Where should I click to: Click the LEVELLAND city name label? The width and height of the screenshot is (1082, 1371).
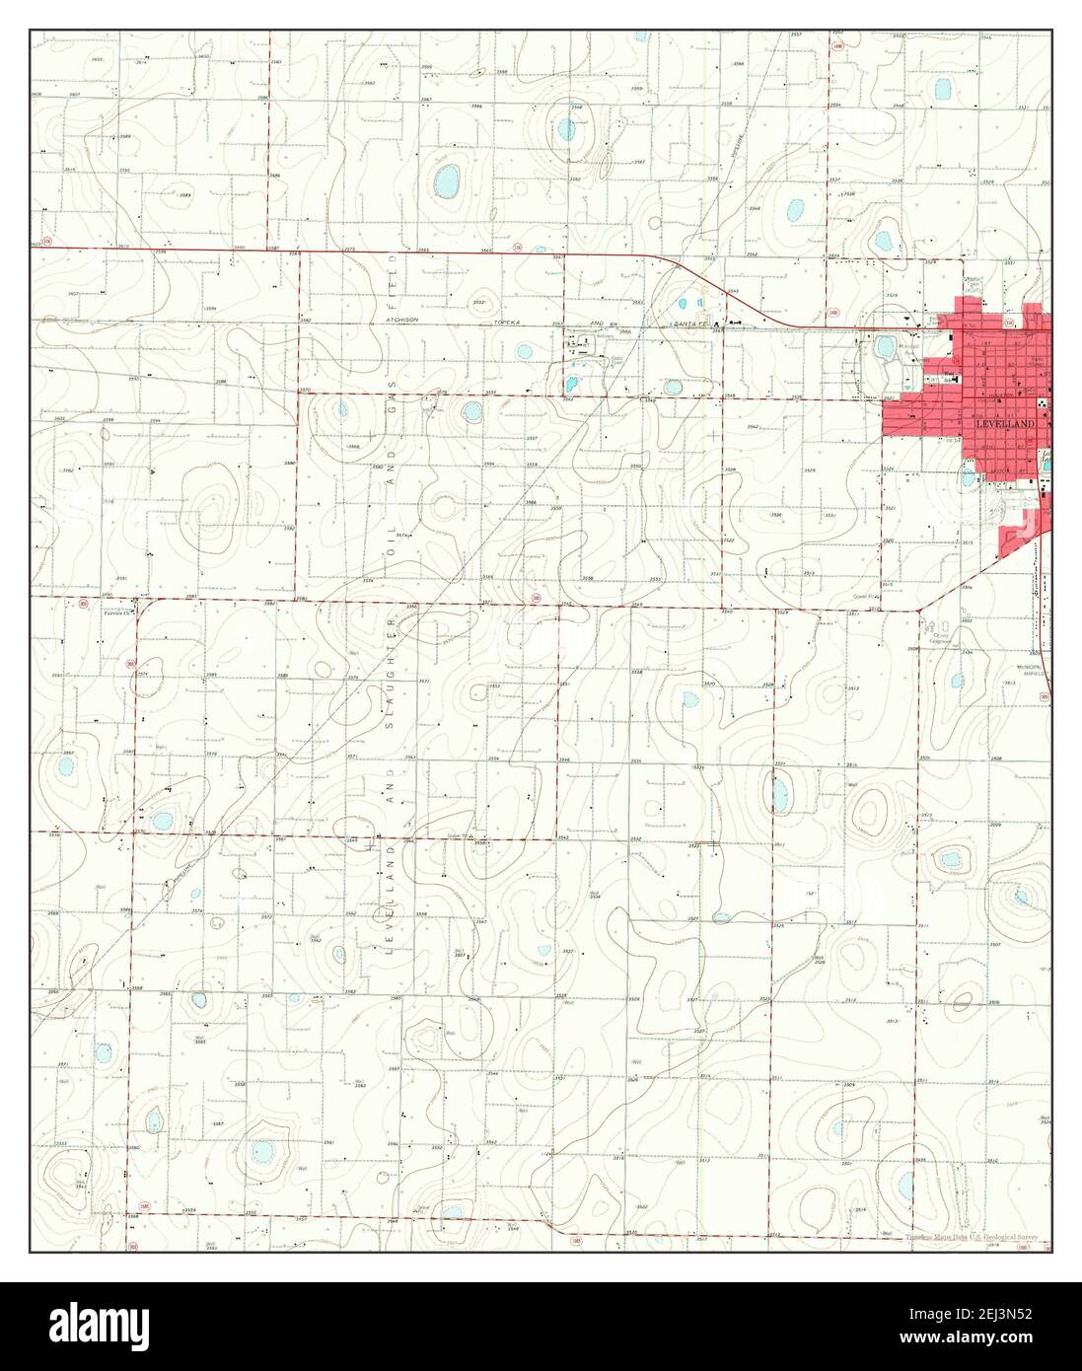(x=1005, y=423)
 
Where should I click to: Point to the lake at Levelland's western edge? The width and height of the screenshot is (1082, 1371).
(x=885, y=346)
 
